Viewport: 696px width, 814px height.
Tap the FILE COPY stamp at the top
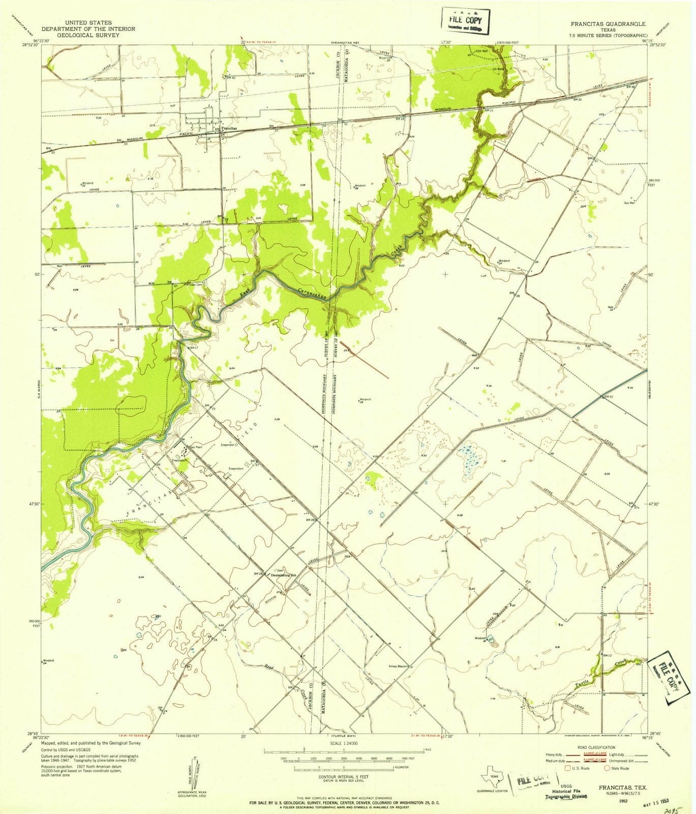465,22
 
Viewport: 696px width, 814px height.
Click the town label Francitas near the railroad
228,129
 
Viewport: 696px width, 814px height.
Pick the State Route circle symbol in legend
607,768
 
